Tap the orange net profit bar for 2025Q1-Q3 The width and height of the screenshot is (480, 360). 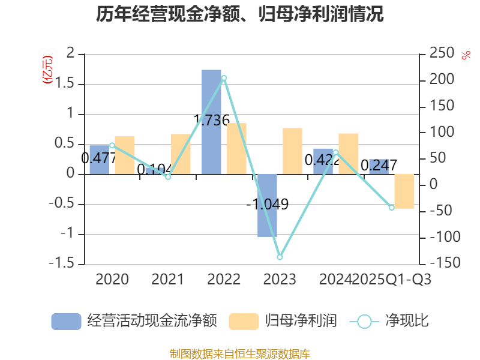(404, 191)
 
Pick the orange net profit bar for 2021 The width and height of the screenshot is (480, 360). (181, 154)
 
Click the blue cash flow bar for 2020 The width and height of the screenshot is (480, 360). (100, 159)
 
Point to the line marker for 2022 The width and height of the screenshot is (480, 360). (224, 78)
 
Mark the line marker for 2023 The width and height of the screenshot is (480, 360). (280, 257)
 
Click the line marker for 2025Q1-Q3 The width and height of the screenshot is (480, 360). (392, 208)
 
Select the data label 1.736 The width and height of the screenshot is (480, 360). (211, 120)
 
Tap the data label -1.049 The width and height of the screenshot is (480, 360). (268, 204)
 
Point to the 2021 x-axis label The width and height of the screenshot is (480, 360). (167, 279)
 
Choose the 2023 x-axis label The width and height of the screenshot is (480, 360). (280, 279)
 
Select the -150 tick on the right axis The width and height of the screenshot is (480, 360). (439, 263)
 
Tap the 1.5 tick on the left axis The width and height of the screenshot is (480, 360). (66, 84)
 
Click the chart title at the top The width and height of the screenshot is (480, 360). (240, 14)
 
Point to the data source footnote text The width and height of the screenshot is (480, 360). (240, 353)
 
